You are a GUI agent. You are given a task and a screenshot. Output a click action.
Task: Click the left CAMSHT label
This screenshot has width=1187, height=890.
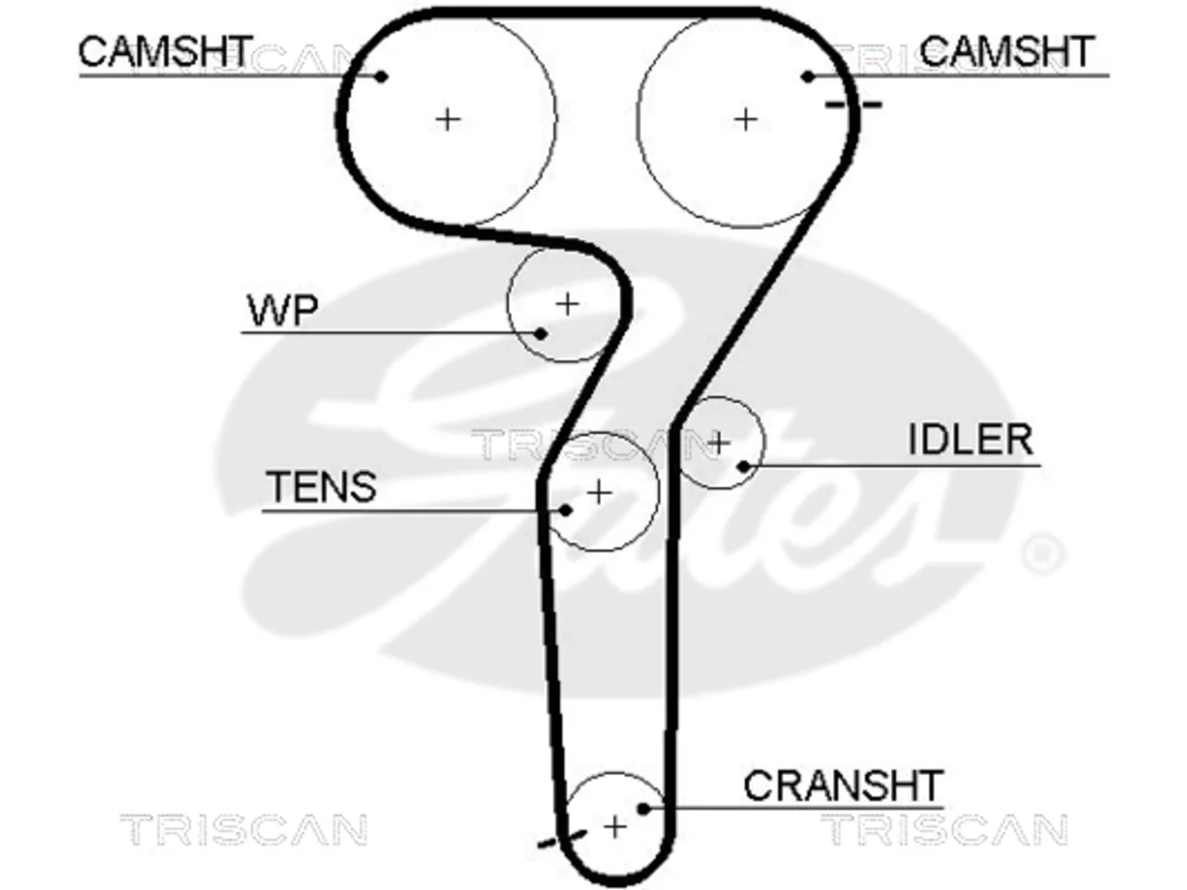click(165, 51)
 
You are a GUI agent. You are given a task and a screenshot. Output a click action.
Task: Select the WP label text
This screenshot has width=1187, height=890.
click(282, 311)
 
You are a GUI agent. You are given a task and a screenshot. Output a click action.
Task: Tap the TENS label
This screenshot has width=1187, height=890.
click(321, 487)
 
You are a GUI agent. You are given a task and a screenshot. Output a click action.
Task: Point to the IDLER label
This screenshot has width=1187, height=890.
click(971, 439)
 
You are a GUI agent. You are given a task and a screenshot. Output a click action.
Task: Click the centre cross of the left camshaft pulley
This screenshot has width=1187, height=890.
click(448, 120)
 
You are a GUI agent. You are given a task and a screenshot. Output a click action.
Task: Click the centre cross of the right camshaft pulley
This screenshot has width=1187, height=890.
click(746, 120)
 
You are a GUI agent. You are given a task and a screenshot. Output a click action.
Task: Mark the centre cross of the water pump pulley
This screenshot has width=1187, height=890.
click(568, 305)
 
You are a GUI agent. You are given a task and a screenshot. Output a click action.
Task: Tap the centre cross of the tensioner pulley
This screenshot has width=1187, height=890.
click(599, 492)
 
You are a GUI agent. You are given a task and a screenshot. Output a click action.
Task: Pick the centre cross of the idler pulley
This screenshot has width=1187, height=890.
click(720, 443)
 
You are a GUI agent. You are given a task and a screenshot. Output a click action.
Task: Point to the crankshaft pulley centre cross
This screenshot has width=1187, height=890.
click(614, 827)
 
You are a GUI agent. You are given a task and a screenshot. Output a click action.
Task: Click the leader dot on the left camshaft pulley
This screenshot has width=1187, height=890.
click(381, 77)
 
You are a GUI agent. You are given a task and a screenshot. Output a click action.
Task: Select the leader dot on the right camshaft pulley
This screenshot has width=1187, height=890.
click(808, 77)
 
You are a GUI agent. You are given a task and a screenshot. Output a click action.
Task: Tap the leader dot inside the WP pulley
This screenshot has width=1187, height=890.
click(540, 334)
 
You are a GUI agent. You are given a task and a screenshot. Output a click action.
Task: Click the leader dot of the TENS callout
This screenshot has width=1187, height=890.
click(565, 510)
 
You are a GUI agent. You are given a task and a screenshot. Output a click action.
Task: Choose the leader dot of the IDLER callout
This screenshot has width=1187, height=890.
click(744, 465)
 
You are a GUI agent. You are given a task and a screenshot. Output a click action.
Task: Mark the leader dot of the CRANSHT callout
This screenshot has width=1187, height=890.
click(644, 809)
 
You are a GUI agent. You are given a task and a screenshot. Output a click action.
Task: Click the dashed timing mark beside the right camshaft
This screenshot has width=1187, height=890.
click(853, 105)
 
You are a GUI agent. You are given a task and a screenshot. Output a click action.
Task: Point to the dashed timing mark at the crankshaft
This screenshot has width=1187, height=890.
click(562, 839)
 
